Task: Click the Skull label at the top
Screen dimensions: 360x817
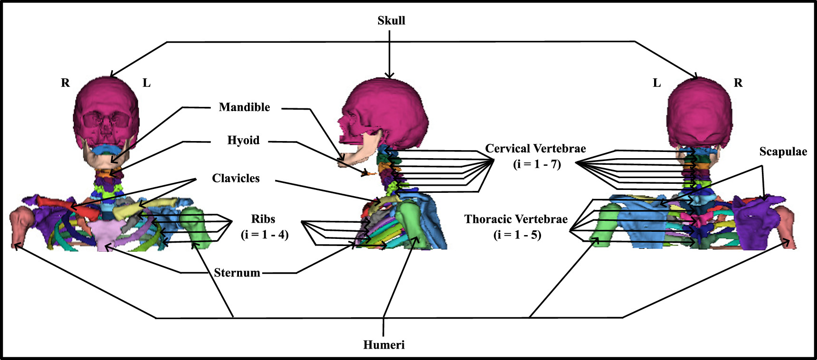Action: (391, 20)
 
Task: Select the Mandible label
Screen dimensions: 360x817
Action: (244, 107)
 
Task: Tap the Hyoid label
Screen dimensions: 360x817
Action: (243, 141)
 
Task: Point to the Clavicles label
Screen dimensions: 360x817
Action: (236, 179)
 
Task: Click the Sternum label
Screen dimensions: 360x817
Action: (237, 273)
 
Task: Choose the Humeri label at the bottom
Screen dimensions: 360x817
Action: (384, 345)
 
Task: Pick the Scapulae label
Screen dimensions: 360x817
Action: (783, 152)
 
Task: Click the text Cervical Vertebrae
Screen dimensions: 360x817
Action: (535, 149)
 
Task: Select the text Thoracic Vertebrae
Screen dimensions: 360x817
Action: (516, 219)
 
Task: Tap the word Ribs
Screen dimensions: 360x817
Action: (263, 219)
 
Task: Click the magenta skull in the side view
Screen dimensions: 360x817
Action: (389, 109)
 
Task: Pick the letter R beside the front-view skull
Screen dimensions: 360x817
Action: (66, 83)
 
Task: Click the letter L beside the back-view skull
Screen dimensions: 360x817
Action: (657, 83)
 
